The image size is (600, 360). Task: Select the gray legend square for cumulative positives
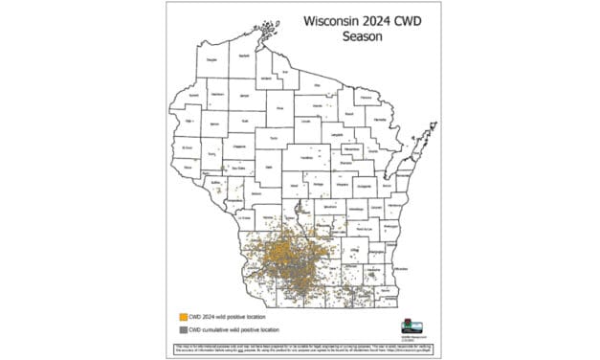click(x=181, y=328)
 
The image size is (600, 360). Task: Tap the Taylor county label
click(x=274, y=137)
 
